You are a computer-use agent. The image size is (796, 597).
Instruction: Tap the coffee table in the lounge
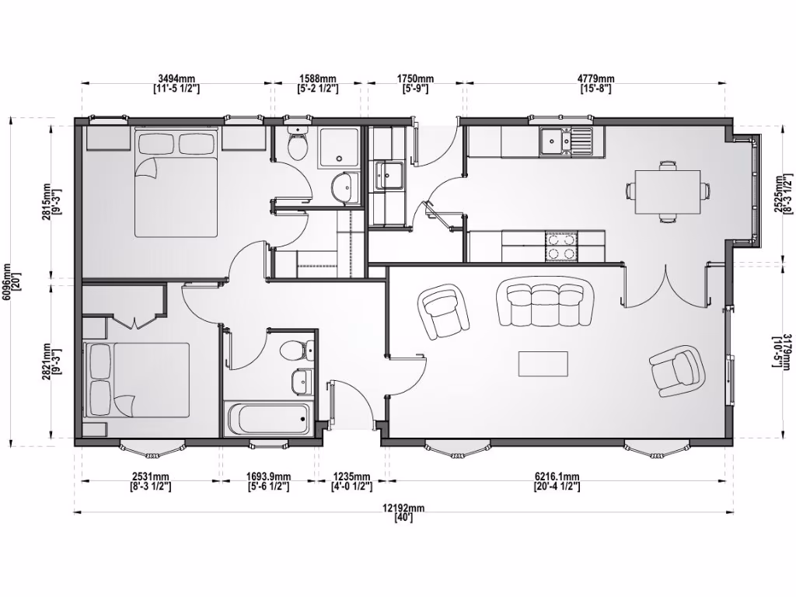coord(543,363)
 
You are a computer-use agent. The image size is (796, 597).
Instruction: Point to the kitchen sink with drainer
coord(567,141)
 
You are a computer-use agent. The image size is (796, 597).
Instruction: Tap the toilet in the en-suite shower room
coord(297,145)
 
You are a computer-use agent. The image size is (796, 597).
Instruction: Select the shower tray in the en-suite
coord(339,146)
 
